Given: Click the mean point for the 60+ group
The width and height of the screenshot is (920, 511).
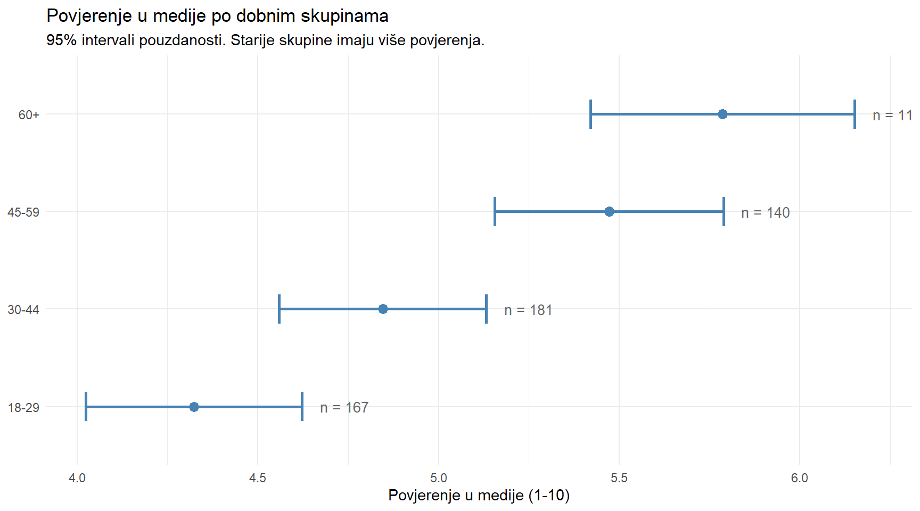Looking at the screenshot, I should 722,114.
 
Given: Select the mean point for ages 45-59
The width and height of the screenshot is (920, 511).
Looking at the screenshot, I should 609,212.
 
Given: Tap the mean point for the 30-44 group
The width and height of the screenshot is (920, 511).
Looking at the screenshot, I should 383,309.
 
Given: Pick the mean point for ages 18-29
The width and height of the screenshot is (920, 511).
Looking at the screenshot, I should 194,407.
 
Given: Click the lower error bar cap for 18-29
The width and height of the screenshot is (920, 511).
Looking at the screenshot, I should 86,407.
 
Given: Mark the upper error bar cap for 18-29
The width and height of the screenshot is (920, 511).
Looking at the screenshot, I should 302,407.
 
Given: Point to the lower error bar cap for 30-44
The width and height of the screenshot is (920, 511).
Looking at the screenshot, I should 280,309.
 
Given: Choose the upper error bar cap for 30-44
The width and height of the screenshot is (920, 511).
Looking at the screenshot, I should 486,309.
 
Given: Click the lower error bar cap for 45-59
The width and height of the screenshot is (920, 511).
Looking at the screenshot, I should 495,211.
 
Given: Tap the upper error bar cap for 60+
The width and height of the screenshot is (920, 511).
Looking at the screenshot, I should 855,114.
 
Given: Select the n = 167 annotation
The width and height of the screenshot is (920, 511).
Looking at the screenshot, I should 344,408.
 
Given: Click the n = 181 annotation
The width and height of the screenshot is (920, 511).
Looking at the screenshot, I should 528,310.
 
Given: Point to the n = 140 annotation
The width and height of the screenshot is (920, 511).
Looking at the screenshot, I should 765,213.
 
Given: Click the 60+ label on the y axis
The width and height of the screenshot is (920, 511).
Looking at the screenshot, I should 29,115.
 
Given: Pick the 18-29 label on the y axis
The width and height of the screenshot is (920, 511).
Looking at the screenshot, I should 24,408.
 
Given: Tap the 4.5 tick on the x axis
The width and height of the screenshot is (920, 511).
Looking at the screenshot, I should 258,478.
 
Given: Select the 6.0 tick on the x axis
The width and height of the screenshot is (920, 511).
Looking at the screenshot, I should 799,478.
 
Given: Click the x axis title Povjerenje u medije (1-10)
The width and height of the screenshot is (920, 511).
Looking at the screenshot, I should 479,496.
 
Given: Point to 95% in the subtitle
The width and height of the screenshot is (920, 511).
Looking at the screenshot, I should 61,40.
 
